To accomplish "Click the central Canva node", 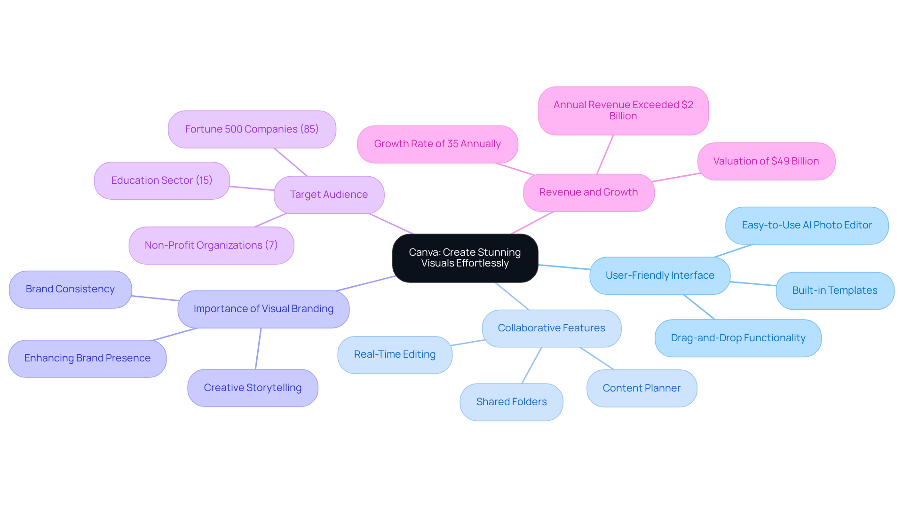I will point(465,258).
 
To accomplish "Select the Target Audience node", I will point(329,195).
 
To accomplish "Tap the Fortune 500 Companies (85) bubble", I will point(252,129).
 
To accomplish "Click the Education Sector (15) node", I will point(162,180).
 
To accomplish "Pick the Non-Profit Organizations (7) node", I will point(211,245).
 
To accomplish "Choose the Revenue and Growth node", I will point(588,192).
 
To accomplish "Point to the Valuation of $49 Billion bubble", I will point(766,161).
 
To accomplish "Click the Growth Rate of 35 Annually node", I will point(437,144).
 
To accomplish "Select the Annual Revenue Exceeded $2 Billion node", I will point(623,110).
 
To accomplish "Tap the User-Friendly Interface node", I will point(660,275).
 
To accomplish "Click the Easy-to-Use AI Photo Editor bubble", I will point(807,225).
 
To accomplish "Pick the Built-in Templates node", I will point(835,290).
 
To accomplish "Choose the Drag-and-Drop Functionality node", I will point(738,338).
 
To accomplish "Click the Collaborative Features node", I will point(551,328).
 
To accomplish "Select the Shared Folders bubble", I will point(511,402).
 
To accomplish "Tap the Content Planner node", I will point(642,388).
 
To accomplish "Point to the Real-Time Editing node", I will point(395,354).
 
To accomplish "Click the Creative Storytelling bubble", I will point(253,388).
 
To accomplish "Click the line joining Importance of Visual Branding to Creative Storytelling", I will point(258,349).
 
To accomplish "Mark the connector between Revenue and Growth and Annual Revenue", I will point(605,155).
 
